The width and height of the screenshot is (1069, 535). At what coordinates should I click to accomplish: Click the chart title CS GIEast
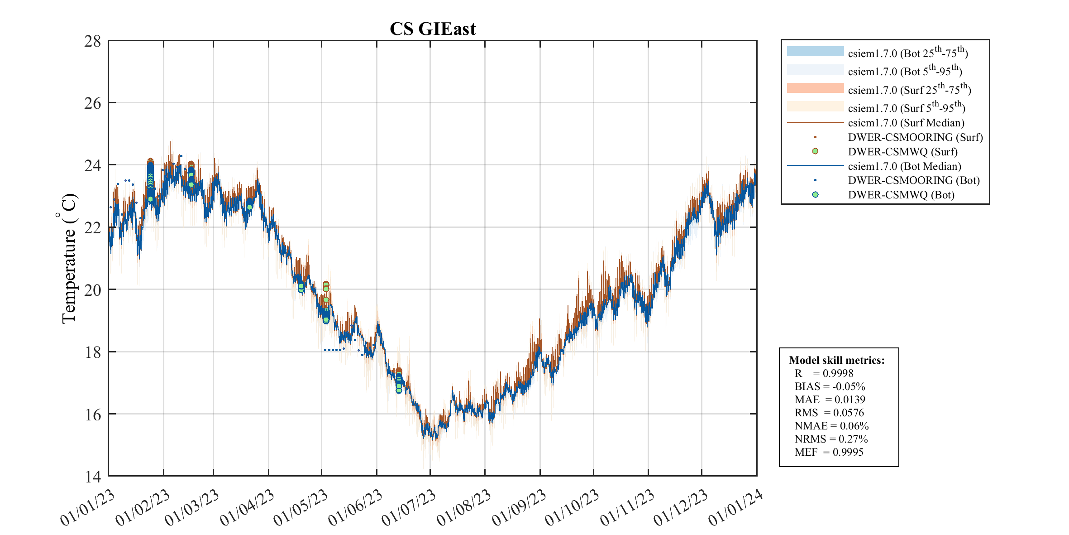[x=433, y=29]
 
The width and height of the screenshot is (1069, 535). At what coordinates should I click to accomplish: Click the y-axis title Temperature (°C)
[x=69, y=259]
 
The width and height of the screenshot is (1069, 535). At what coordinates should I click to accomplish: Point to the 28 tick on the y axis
[x=93, y=41]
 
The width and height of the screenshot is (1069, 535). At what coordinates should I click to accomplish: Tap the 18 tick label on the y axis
[x=93, y=352]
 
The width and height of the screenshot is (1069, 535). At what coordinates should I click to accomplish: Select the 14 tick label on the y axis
[x=93, y=476]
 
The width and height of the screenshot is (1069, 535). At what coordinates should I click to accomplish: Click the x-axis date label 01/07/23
[x=409, y=508]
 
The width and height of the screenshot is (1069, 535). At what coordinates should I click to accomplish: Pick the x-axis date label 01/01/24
[x=735, y=508]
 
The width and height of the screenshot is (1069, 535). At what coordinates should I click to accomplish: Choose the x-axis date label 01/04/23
[x=247, y=508]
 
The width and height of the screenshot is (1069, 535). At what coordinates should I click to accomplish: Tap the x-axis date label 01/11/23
[x=627, y=508]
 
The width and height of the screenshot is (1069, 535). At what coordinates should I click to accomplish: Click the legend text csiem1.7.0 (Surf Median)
[x=906, y=123]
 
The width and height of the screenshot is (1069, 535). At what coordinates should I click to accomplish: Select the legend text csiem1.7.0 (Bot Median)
[x=904, y=166]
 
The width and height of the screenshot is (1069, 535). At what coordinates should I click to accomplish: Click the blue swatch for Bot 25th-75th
[x=815, y=52]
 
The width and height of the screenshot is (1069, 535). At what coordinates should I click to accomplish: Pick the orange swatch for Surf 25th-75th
[x=815, y=88]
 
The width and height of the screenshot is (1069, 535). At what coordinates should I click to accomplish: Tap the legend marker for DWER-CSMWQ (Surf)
[x=815, y=151]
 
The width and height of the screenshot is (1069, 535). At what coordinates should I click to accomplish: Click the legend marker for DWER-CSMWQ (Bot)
[x=815, y=195]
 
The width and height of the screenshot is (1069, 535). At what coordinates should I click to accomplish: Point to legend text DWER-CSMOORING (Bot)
[x=914, y=180]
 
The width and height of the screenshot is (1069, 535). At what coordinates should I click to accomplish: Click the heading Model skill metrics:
[x=836, y=360]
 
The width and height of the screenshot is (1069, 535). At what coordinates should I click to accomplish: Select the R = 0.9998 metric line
[x=824, y=373]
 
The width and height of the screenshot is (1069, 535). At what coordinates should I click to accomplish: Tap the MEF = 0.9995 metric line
[x=829, y=452]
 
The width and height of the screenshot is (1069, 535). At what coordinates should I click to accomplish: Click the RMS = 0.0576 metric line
[x=829, y=413]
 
